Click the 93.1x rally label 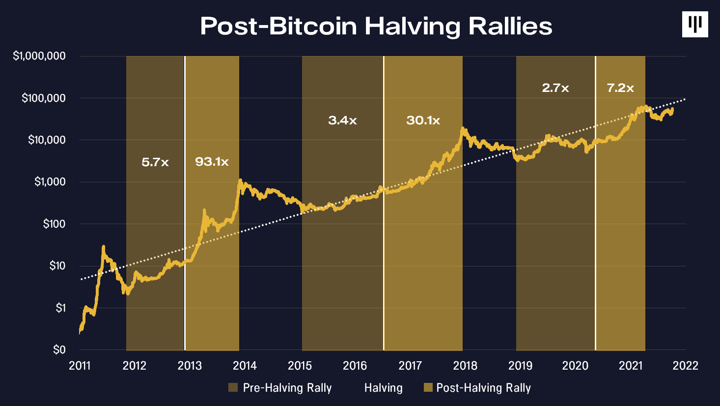coord(212,162)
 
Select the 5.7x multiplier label coord(155,162)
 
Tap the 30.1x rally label coord(423,120)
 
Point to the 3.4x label coord(342,120)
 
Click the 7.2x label coord(620,88)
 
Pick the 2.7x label coord(555,88)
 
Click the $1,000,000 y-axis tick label coord(39,56)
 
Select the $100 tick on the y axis coord(54,224)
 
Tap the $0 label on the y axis coord(59,350)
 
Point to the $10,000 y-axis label coord(47,140)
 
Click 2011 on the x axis coord(80,366)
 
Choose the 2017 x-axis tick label coord(410,366)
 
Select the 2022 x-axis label coord(685,366)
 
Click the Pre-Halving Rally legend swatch coord(233,388)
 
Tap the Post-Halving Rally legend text coord(483,388)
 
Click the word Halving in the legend coord(383,388)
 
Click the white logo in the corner coord(695,24)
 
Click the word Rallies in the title coord(510,26)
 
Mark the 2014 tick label coord(245,366)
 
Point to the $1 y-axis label coord(60,308)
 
